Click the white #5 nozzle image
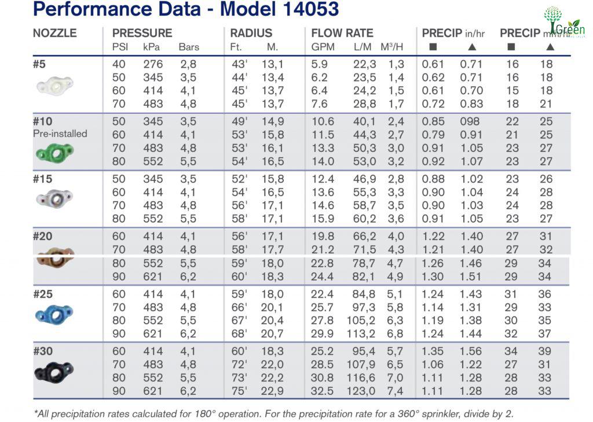[x=55, y=86]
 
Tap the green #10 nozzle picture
[x=55, y=153]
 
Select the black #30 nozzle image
[x=54, y=372]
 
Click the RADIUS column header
[x=251, y=33]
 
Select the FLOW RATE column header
[x=342, y=33]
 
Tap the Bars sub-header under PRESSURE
[x=189, y=47]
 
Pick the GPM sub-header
[x=323, y=47]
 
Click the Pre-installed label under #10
[x=60, y=134]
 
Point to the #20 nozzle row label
[x=43, y=236]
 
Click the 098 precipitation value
[x=470, y=121]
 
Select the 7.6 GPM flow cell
[x=319, y=104]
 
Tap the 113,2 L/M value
[x=361, y=334]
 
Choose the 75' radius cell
[x=239, y=391]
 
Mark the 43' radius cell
[x=239, y=64]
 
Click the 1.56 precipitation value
[x=471, y=351]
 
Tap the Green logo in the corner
[x=563, y=22]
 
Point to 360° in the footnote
[x=408, y=414]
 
